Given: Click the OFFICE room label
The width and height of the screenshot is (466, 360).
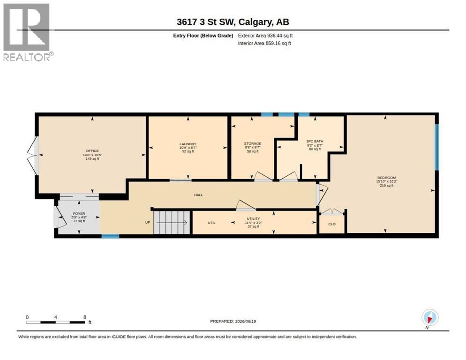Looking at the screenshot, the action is click(x=92, y=151).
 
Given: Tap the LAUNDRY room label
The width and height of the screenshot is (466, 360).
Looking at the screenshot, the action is click(x=188, y=144).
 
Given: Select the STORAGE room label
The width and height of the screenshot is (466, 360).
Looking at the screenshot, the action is click(x=253, y=143).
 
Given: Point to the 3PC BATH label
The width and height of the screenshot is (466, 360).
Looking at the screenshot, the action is click(x=315, y=141).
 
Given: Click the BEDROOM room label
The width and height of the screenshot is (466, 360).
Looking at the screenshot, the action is click(x=387, y=178).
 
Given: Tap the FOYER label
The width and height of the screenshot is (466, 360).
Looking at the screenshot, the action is click(x=79, y=213).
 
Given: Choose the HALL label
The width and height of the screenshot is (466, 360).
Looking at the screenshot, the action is click(x=198, y=195).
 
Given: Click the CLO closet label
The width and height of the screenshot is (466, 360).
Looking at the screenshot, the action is click(x=332, y=224).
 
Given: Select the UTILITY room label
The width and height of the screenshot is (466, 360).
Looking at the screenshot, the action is click(x=253, y=218).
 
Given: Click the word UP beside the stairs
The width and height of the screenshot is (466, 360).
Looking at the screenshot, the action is click(x=148, y=222).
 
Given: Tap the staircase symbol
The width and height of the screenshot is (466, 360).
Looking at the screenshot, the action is click(x=172, y=222).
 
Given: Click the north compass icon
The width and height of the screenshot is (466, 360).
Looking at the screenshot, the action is click(x=430, y=318).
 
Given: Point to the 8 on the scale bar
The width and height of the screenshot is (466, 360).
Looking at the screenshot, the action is click(x=85, y=317).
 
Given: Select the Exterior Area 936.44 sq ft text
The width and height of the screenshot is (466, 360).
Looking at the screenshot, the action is click(x=265, y=36).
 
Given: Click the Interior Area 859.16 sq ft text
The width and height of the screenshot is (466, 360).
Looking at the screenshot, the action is click(x=264, y=44).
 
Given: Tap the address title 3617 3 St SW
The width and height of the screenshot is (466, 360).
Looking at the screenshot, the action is click(x=206, y=22).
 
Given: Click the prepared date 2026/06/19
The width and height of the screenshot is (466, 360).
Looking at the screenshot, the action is click(x=246, y=322).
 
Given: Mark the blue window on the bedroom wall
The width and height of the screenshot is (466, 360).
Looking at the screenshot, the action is click(x=437, y=147).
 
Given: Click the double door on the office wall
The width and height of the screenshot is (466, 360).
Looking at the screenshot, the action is click(x=33, y=155).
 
